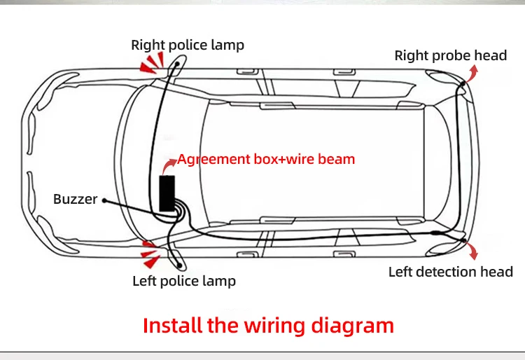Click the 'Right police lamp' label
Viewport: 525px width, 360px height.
(x=188, y=45)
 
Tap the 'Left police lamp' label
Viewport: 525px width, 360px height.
(x=184, y=281)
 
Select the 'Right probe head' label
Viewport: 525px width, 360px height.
(x=450, y=55)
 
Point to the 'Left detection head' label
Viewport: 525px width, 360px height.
(x=451, y=272)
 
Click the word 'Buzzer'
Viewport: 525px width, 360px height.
(x=75, y=200)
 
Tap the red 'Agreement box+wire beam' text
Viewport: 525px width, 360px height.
(x=266, y=159)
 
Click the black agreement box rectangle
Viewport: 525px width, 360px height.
(x=167, y=193)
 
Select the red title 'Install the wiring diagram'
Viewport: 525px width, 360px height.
(x=268, y=325)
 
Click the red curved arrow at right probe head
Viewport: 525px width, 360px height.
(x=474, y=73)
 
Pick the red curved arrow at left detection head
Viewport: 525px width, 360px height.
(x=474, y=251)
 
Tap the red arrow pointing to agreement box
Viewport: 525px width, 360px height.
(x=169, y=165)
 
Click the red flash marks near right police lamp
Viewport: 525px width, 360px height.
(x=150, y=64)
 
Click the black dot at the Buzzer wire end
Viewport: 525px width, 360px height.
(x=104, y=200)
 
